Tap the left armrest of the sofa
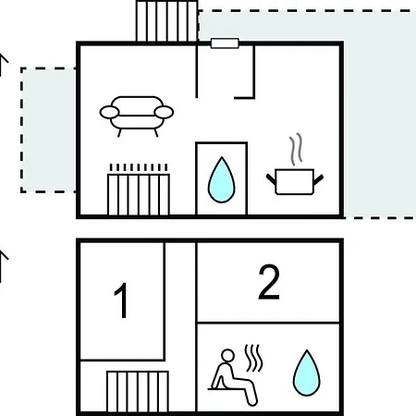pyautogui.click(x=109, y=112)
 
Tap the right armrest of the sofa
pyautogui.click(x=164, y=112)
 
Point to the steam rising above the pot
pyautogui.click(x=296, y=149)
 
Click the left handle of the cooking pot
pyautogui.click(x=271, y=179)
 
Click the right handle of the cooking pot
pyautogui.click(x=318, y=179)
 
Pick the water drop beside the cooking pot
pyautogui.click(x=222, y=180)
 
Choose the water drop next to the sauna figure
pyautogui.click(x=307, y=373)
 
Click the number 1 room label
pyautogui.click(x=122, y=300)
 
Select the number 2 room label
pyautogui.click(x=269, y=282)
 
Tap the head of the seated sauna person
pyautogui.click(x=227, y=356)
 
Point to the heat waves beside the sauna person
pyautogui.click(x=253, y=358)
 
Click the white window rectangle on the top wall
pyautogui.click(x=225, y=43)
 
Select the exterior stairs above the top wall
pyautogui.click(x=166, y=21)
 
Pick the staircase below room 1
pyautogui.click(x=138, y=391)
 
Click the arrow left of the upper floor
pyautogui.click(x=3, y=65)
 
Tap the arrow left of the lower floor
pyautogui.click(x=3, y=266)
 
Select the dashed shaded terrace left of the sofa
pyautogui.click(x=48, y=130)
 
